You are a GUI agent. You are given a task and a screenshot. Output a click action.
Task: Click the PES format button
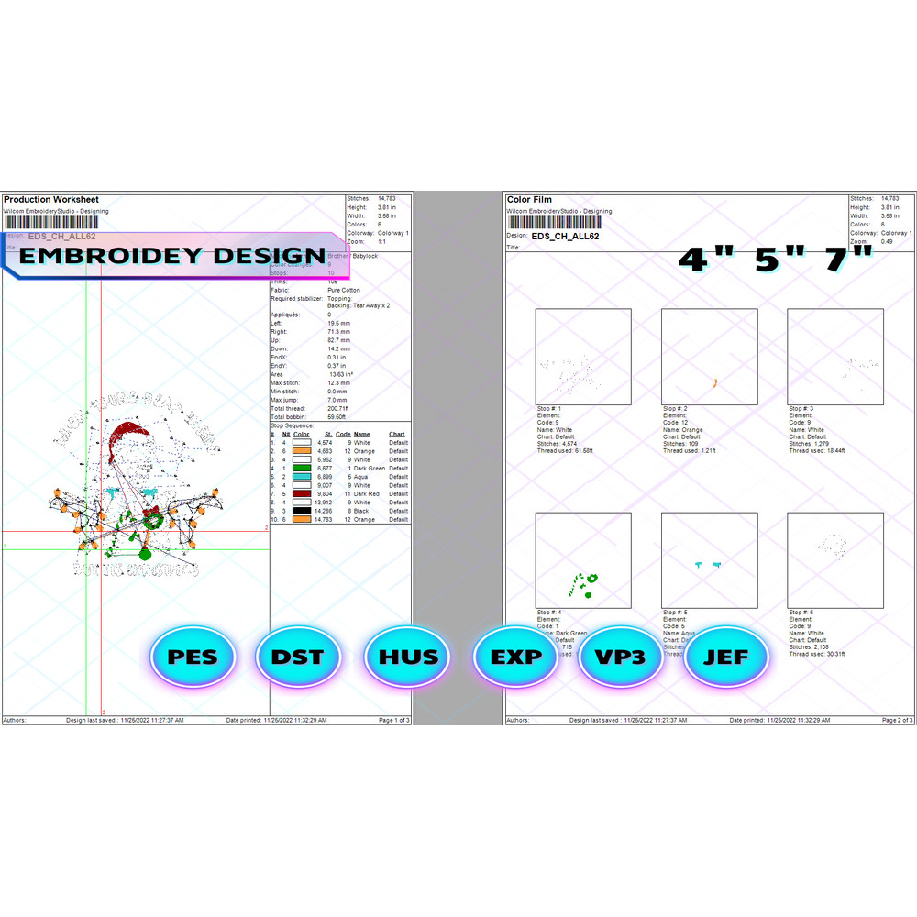(191, 657)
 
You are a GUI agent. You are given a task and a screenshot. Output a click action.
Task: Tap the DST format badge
(297, 657)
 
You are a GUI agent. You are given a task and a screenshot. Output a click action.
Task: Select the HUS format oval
(407, 657)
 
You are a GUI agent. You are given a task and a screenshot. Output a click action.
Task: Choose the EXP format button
(514, 657)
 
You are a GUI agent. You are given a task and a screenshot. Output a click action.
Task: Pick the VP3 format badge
(620, 657)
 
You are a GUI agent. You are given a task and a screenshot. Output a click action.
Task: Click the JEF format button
(726, 657)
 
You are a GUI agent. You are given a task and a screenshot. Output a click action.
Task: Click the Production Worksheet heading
(51, 199)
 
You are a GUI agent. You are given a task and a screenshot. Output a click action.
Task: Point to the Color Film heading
(529, 199)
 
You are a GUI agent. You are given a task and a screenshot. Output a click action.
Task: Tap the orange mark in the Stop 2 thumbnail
(714, 381)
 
